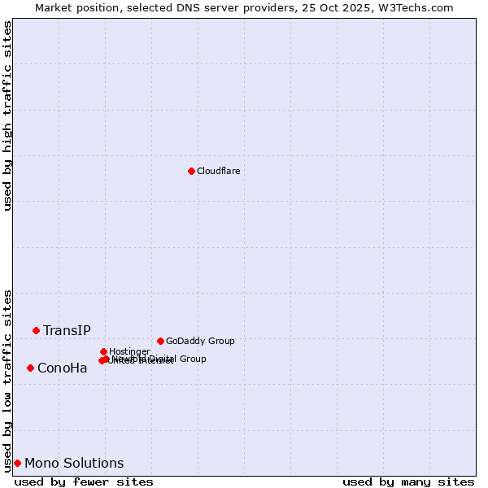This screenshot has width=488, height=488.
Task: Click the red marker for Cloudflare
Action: tap(191, 171)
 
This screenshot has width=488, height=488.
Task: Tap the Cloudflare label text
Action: tap(218, 171)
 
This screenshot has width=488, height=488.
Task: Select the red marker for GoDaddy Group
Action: tap(160, 341)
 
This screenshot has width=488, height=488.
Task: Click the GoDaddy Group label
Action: tap(200, 341)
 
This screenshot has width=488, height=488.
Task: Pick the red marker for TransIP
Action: tap(36, 330)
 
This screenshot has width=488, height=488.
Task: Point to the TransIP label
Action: tap(67, 330)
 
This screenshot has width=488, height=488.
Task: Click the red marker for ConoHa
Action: tap(30, 368)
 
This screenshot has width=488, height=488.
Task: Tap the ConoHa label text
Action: tap(62, 368)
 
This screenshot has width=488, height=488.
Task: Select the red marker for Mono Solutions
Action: tap(17, 463)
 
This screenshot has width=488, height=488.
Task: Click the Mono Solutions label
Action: tap(74, 464)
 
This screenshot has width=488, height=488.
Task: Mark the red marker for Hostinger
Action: tap(103, 351)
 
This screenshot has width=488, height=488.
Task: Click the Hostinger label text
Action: tap(129, 351)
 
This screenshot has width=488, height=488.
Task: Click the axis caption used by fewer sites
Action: tap(84, 481)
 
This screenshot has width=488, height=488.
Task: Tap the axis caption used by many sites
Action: tap(408, 481)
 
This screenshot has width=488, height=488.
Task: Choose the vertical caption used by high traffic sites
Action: tap(7, 115)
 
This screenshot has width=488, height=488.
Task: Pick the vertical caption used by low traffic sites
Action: tap(7, 381)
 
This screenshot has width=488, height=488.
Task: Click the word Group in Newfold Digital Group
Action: tap(193, 359)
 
